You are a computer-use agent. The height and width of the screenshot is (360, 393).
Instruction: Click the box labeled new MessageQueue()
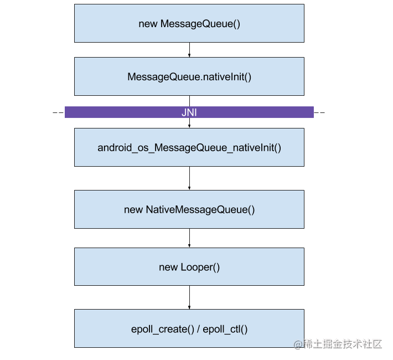[x=189, y=23]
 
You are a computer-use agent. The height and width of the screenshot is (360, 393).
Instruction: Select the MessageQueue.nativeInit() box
[x=189, y=76]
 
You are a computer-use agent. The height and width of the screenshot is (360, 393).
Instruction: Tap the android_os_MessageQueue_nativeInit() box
[x=189, y=147]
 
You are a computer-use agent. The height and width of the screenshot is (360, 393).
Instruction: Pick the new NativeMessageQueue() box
[x=189, y=209]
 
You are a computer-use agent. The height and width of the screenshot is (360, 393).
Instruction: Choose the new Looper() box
[x=189, y=266]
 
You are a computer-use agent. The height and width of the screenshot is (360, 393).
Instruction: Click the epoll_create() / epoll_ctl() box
[x=189, y=328]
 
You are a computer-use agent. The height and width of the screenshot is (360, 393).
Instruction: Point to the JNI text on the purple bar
[x=189, y=112]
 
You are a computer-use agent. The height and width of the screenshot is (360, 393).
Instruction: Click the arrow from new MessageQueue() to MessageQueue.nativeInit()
[x=189, y=50]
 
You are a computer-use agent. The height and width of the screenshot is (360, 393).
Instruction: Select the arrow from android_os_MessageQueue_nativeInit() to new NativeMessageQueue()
[x=189, y=178]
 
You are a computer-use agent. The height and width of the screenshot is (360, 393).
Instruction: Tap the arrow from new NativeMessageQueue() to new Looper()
[x=189, y=238]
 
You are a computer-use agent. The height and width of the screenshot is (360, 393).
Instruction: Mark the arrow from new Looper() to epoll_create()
[x=189, y=297]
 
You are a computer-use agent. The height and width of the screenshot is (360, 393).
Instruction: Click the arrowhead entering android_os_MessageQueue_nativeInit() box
[x=189, y=126]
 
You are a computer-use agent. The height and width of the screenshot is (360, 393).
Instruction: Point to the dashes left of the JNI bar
[x=58, y=112]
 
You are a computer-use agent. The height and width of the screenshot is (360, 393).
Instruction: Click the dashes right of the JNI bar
[x=319, y=112]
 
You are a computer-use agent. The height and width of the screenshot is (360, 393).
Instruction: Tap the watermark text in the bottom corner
[x=338, y=344]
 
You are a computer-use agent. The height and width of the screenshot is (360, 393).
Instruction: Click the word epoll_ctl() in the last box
[x=225, y=329]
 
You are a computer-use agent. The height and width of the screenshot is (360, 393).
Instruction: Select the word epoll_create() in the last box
[x=163, y=329]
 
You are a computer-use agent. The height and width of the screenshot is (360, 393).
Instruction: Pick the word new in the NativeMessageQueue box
[x=133, y=210]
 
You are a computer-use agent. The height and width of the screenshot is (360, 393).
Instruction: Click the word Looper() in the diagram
[x=200, y=268]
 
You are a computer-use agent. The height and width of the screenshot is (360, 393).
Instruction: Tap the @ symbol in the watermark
[x=298, y=344]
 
